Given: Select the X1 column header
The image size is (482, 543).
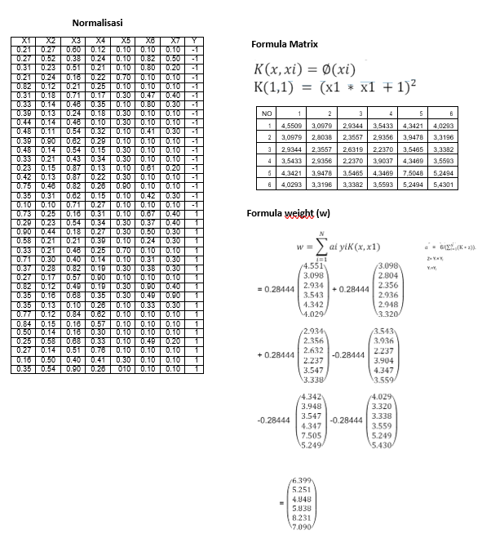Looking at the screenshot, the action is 24,40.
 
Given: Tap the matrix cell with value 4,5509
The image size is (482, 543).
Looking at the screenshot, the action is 294,127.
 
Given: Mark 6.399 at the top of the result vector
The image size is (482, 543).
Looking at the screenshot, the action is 302,475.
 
